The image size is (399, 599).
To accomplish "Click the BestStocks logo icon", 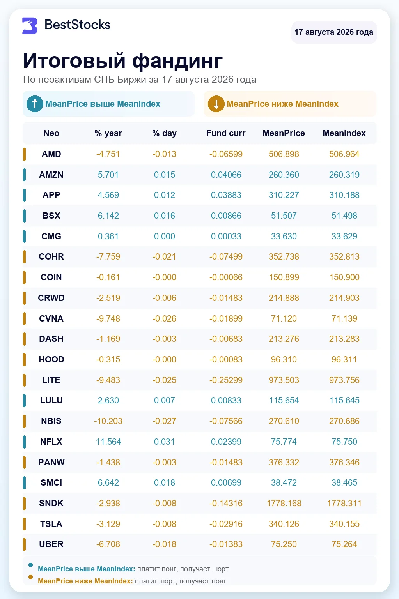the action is click(30, 26).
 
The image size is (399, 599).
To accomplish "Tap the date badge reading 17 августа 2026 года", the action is click(334, 32).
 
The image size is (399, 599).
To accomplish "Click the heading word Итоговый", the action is click(74, 60).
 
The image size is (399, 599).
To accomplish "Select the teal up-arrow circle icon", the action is click(35, 104).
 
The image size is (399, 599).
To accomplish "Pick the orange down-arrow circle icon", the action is click(216, 104).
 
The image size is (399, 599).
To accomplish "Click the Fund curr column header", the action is click(226, 133).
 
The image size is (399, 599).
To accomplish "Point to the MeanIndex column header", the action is click(344, 133).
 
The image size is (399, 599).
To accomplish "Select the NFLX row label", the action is click(51, 442).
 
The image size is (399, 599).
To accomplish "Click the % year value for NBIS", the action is click(108, 421).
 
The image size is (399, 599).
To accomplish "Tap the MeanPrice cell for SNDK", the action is click(284, 503).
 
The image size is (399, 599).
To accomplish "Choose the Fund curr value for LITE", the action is click(226, 380).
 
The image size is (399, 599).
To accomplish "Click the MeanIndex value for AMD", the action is click(344, 154).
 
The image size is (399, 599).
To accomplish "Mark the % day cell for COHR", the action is click(164, 256).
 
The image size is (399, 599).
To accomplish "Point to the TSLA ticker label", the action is click(51, 524).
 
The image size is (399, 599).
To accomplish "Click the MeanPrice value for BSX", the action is click(284, 216).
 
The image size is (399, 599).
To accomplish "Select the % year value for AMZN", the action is click(108, 175).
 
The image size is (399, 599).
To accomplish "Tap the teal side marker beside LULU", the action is click(24, 400).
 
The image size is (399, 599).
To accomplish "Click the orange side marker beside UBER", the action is click(24, 544).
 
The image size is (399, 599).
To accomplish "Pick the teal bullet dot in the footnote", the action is click(30, 565).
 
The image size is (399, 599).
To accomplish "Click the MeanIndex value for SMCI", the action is click(344, 482).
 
